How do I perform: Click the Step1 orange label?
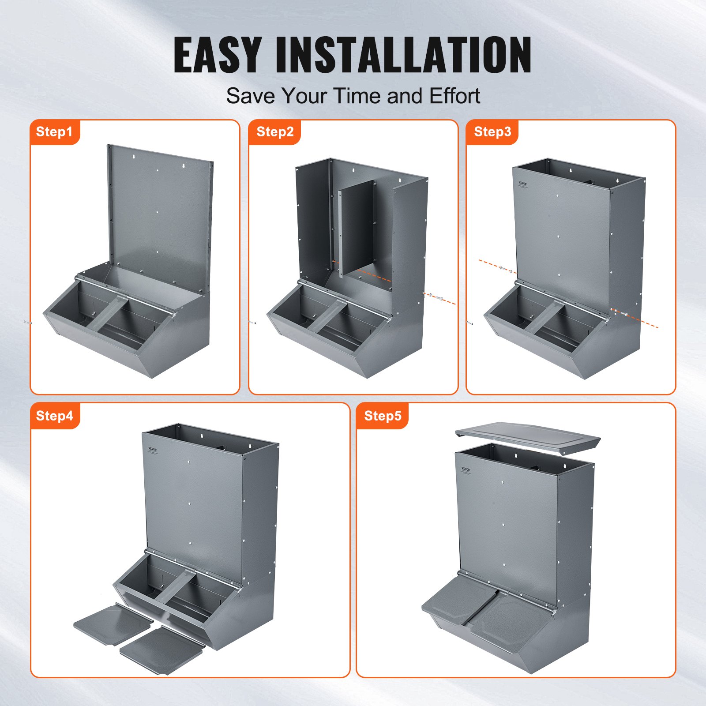click(54, 132)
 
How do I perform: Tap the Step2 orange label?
click(274, 132)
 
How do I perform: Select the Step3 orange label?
click(492, 132)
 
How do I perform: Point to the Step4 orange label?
click(54, 416)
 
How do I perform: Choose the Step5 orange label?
click(383, 416)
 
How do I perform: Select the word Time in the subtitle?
click(357, 96)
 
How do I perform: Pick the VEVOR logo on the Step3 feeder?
click(523, 183)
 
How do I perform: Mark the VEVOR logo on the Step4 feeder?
click(152, 449)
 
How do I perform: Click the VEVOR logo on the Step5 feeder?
click(466, 469)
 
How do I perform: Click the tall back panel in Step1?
click(159, 212)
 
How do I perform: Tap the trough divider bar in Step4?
click(175, 587)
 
